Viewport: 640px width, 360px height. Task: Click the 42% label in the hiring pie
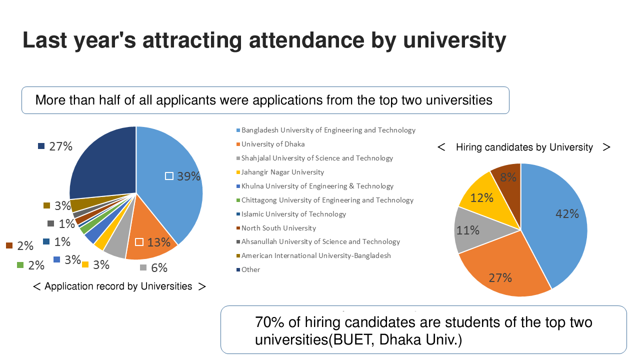point(567,214)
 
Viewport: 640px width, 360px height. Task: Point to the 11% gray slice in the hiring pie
point(468,230)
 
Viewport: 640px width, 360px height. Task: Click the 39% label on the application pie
point(188,176)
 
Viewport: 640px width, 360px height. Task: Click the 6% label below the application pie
point(159,268)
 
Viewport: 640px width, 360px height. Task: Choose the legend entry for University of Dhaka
point(272,144)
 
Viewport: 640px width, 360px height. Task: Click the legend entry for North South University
point(278,228)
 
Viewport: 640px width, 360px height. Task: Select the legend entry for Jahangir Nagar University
point(282,172)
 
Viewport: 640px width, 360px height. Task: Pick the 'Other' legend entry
point(250,269)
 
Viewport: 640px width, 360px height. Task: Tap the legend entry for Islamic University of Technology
point(293,214)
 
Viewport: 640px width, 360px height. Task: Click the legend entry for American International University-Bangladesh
point(316,255)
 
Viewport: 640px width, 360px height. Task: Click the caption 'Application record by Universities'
point(118,286)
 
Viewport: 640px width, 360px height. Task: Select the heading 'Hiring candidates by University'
point(524,147)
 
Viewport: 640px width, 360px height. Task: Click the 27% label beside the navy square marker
point(60,146)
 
